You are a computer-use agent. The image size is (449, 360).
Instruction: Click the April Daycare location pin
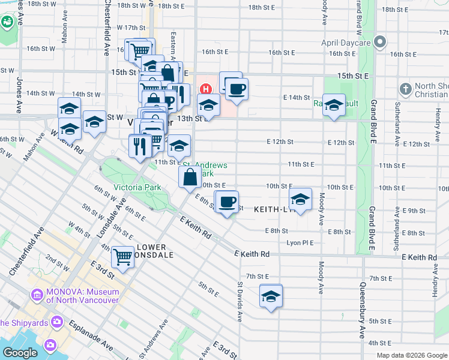click(379, 42)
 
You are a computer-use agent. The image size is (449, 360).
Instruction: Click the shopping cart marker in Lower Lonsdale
click(122, 257)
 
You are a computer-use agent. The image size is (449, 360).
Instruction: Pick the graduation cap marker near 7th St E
click(271, 296)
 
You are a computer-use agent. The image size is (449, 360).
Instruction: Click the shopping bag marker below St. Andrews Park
click(190, 177)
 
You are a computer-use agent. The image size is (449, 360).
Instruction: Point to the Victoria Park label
click(137, 187)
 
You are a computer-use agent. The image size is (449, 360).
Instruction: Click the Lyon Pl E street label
click(301, 242)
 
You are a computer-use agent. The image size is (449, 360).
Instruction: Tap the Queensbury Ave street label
click(363, 311)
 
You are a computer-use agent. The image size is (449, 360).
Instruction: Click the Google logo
click(20, 352)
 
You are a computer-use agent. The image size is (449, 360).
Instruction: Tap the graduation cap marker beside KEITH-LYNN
click(300, 200)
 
